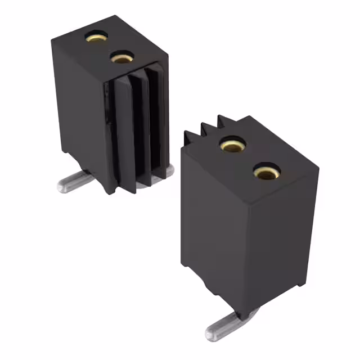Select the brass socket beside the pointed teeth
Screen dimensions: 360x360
(231, 145)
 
